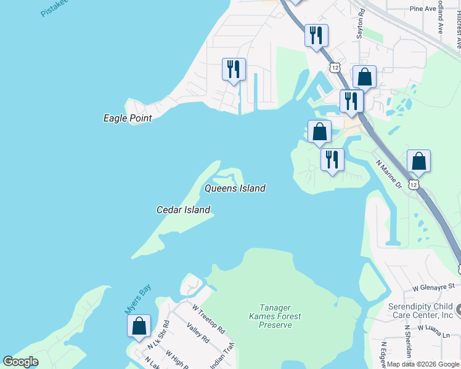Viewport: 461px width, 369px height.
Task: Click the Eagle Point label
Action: [x=127, y=118]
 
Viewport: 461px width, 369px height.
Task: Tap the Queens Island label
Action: [x=235, y=188]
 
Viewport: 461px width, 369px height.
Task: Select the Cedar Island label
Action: [x=183, y=210]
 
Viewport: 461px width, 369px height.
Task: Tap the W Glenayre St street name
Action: [x=433, y=287]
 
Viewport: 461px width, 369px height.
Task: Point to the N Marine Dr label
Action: [x=390, y=175]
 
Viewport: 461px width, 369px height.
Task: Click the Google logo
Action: [x=20, y=362]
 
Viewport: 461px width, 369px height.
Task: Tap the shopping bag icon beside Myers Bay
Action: [x=139, y=326]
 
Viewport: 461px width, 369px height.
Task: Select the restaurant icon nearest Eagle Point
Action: [x=234, y=69]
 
